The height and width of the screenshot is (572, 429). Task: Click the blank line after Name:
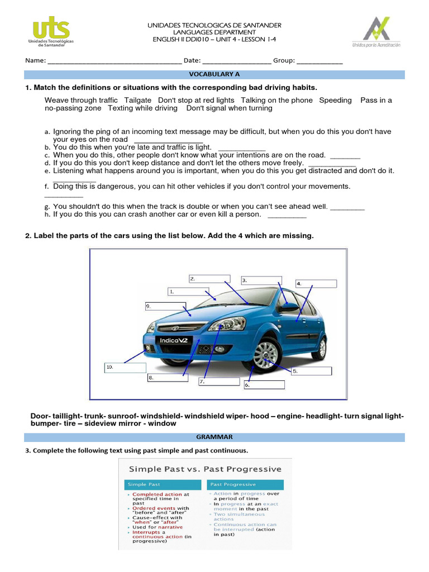[115, 61]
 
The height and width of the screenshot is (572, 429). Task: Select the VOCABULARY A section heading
[214, 74]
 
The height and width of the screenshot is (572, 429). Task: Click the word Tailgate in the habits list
[138, 101]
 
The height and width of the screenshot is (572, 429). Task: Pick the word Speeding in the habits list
[335, 101]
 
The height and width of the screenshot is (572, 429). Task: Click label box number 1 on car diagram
[185, 292]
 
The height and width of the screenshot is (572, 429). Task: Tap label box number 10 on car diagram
[125, 368]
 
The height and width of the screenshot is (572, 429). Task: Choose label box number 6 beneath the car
[264, 385]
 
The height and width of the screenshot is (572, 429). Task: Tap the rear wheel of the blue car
[319, 347]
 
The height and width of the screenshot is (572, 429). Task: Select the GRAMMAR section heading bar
[214, 437]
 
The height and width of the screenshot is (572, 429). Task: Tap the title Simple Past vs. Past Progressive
[206, 469]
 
